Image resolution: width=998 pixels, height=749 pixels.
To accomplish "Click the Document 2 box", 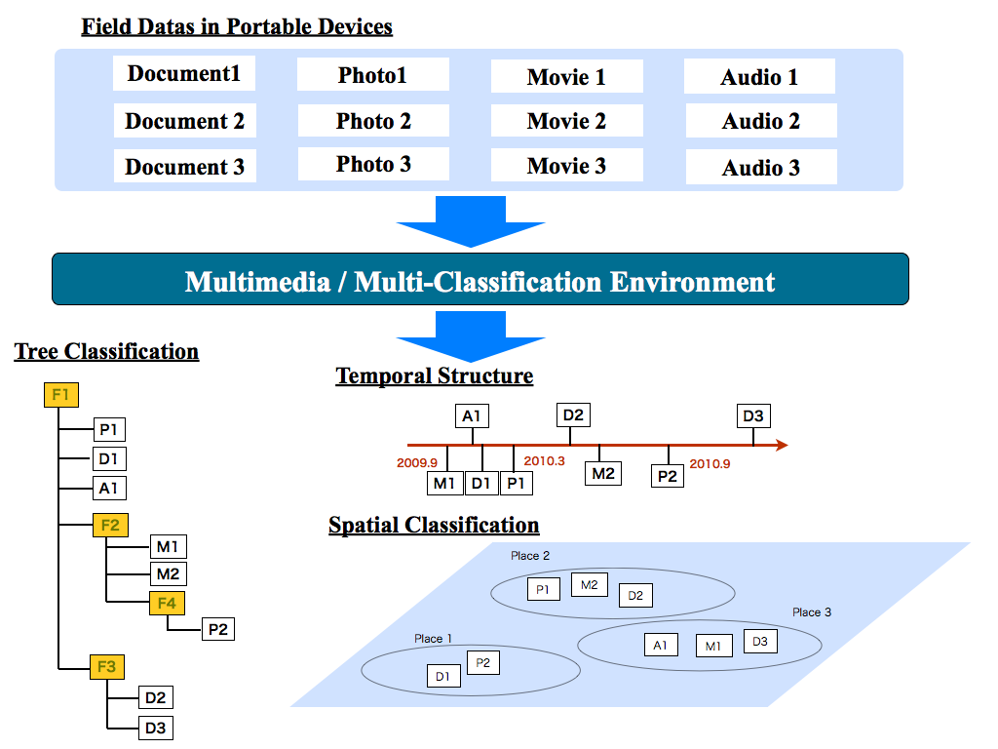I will (184, 122).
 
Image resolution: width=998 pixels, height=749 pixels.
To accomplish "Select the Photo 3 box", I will (373, 165).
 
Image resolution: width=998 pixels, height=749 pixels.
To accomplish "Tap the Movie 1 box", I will (566, 77).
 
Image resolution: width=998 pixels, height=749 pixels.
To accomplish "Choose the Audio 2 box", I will (760, 122).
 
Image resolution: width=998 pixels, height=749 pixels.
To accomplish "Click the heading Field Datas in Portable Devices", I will (237, 26).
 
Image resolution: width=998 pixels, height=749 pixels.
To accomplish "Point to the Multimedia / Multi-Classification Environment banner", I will (480, 282).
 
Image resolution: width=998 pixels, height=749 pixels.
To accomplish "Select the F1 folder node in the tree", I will (60, 395).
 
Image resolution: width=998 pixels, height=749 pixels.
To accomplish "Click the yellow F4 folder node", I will (167, 604).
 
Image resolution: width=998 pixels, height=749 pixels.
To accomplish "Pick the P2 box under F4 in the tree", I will (217, 629).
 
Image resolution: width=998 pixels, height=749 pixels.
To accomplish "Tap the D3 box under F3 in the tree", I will (155, 728).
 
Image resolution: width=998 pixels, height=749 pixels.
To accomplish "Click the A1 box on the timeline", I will (472, 416).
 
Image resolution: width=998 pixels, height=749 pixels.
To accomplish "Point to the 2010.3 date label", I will (544, 460).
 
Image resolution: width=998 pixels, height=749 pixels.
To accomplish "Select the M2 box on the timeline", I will (603, 474).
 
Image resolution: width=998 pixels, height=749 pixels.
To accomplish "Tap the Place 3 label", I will (812, 612).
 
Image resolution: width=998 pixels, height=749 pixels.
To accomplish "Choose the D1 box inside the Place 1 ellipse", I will (442, 676).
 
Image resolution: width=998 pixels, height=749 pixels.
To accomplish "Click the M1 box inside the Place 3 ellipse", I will (712, 646).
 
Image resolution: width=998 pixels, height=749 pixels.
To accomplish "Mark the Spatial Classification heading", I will (434, 526).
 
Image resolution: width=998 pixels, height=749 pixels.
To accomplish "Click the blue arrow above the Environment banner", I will (470, 221).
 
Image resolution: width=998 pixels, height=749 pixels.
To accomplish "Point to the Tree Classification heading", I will (106, 351).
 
